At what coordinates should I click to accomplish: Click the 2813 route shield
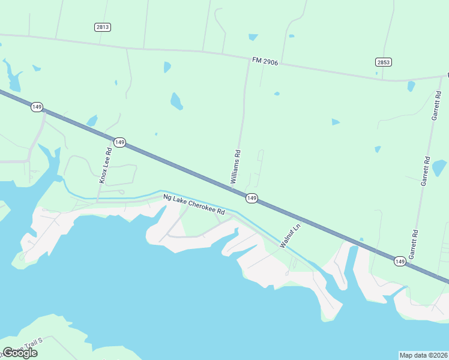[x=103, y=27]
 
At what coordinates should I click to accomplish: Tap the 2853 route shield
[x=384, y=62]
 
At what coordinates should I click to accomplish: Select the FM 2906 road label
[x=265, y=61]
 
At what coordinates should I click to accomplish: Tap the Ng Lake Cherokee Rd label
[x=194, y=204]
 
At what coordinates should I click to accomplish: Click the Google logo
[x=20, y=352]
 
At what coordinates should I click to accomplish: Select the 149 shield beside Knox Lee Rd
[x=119, y=142]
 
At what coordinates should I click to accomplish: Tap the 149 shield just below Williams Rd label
[x=252, y=198]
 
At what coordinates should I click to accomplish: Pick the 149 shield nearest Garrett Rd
[x=400, y=261]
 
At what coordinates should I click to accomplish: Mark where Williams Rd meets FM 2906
[x=249, y=59]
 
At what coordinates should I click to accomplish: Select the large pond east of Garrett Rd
[x=439, y=167]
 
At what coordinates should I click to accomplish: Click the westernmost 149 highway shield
[x=37, y=107]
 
